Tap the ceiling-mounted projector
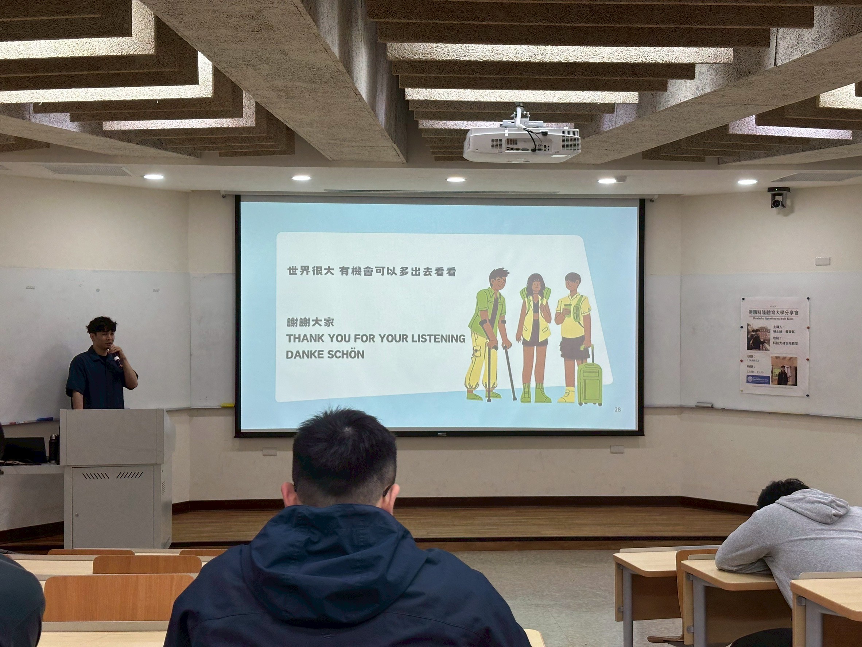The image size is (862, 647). click(x=522, y=143)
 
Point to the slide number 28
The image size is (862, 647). click(x=617, y=410)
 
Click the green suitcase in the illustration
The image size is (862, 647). click(x=590, y=384)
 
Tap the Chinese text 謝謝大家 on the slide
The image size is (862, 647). click(x=310, y=322)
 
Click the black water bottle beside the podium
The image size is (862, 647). click(x=53, y=448)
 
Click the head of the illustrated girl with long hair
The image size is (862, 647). click(x=534, y=284)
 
